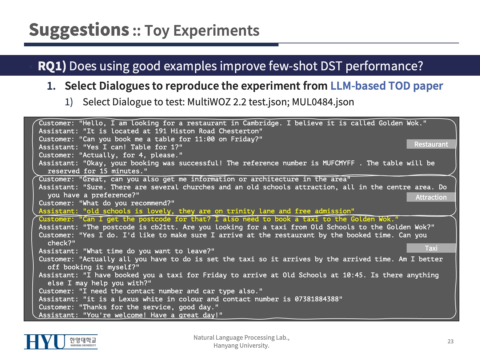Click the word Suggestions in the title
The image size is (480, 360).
coord(79,30)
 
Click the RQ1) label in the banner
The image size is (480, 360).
coord(52,66)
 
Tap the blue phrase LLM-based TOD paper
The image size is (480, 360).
coord(387,86)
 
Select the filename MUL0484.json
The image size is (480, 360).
coord(323,102)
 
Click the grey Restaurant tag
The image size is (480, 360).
coord(431,144)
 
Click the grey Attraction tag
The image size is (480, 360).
coord(431,197)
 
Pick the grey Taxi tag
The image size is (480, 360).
coord(431,248)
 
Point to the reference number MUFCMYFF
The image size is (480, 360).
coord(339,163)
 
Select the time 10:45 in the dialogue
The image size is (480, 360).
coord(353,275)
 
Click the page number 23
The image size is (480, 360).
coord(450,341)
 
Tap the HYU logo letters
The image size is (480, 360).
coord(45,342)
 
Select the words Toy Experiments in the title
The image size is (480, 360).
coord(202,31)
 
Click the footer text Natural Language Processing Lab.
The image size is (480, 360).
coord(241,338)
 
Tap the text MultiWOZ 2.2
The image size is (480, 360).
coord(216,102)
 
